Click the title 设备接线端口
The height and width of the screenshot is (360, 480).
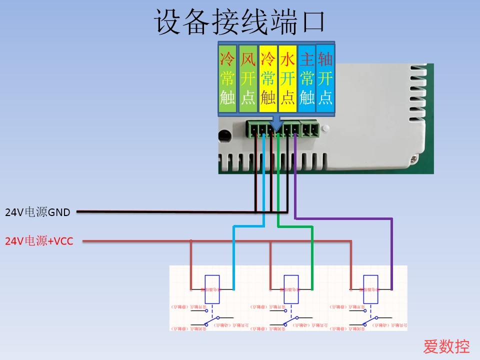240,22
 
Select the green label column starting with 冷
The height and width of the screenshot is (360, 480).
227,78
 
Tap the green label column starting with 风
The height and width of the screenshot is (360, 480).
248,78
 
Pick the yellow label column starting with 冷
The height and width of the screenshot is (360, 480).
268,78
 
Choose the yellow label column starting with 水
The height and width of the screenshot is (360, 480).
287,78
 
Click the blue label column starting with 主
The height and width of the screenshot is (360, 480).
306,78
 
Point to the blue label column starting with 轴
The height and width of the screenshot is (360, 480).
325,78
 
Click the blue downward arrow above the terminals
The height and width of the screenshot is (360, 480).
276,123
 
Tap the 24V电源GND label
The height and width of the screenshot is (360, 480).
37,212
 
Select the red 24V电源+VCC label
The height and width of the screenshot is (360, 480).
39,242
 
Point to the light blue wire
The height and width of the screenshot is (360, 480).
233,255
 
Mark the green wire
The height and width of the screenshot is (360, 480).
312,255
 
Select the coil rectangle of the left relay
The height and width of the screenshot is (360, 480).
212,289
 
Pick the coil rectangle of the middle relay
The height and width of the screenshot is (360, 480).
291,289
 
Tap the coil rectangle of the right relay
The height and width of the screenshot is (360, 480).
370,289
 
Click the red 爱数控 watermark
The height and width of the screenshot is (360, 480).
446,346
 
